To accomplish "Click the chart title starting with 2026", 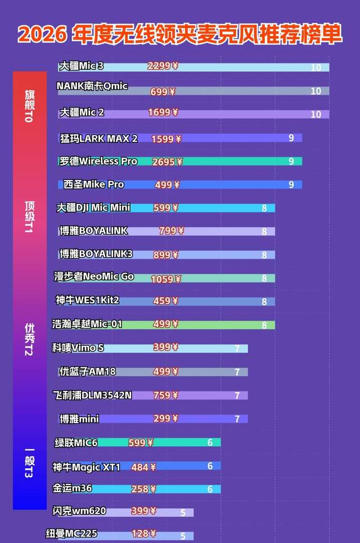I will [x=180, y=34].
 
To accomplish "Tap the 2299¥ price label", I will [x=163, y=66].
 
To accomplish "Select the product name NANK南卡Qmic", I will [x=92, y=86].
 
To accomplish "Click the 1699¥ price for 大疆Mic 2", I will [x=163, y=113].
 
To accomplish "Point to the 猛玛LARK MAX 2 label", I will [x=99, y=138].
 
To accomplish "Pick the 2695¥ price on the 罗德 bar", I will [x=167, y=161].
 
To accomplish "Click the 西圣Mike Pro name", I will [x=93, y=185].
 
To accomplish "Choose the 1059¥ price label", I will [x=166, y=279].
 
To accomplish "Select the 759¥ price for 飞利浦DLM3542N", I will [x=165, y=395].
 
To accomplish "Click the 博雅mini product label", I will [x=79, y=419].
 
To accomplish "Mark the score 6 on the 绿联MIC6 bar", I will [x=210, y=443].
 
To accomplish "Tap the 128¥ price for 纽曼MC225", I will [x=144, y=533].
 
